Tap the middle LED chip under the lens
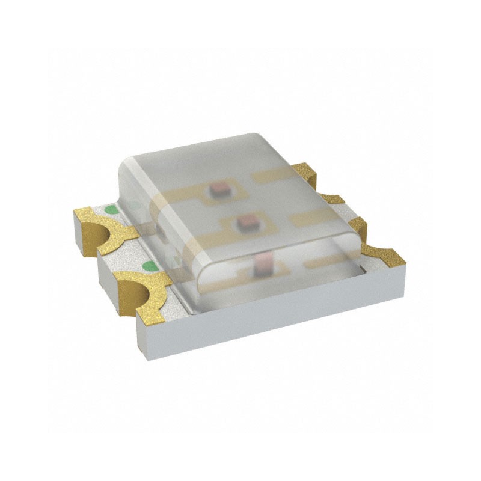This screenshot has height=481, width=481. point(245,224)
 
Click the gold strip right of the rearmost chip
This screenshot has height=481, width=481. point(274,177)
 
